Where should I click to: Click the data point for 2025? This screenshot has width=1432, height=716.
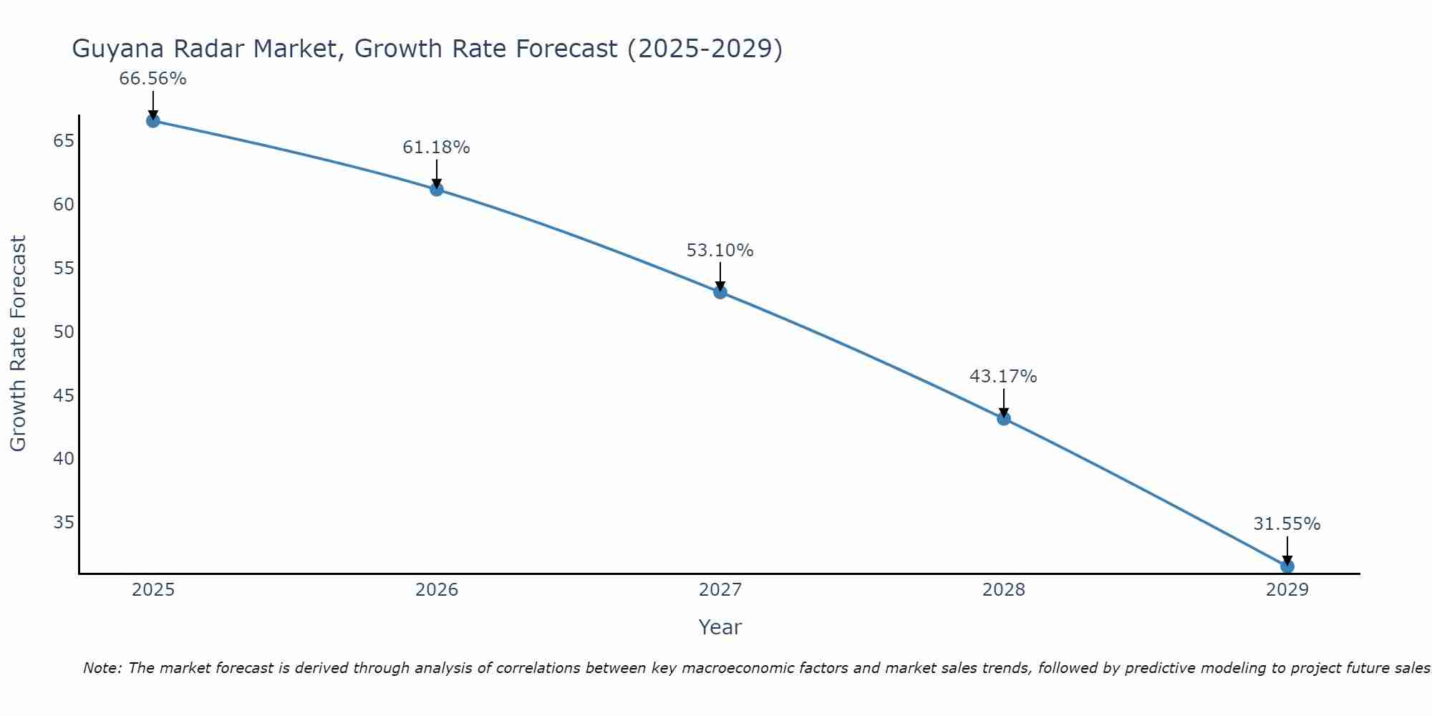pos(153,121)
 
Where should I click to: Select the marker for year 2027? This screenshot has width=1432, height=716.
pos(720,292)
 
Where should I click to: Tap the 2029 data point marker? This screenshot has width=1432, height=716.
pos(1287,566)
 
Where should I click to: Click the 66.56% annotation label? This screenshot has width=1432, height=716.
pos(153,79)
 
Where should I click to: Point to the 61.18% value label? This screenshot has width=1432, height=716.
pos(436,147)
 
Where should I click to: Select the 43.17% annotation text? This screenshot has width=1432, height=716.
pos(1003,377)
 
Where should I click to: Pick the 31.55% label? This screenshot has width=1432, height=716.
pos(1287,524)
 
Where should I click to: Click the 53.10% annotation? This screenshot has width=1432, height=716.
pos(720,251)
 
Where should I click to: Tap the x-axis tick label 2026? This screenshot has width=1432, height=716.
pos(437,590)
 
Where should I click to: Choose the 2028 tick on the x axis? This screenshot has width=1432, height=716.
pos(1003,590)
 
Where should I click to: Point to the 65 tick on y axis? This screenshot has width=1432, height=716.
pos(64,140)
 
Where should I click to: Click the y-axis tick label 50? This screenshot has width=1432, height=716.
pos(64,332)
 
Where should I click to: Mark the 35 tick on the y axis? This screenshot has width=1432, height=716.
pos(64,522)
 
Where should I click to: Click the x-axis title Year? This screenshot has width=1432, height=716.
pos(720,627)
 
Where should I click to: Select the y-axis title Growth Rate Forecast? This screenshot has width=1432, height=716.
pos(18,343)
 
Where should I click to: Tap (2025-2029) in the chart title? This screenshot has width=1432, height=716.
pos(705,49)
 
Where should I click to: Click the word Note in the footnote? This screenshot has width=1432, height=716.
pos(102,668)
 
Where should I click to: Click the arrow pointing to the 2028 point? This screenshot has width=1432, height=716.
pos(1003,402)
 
